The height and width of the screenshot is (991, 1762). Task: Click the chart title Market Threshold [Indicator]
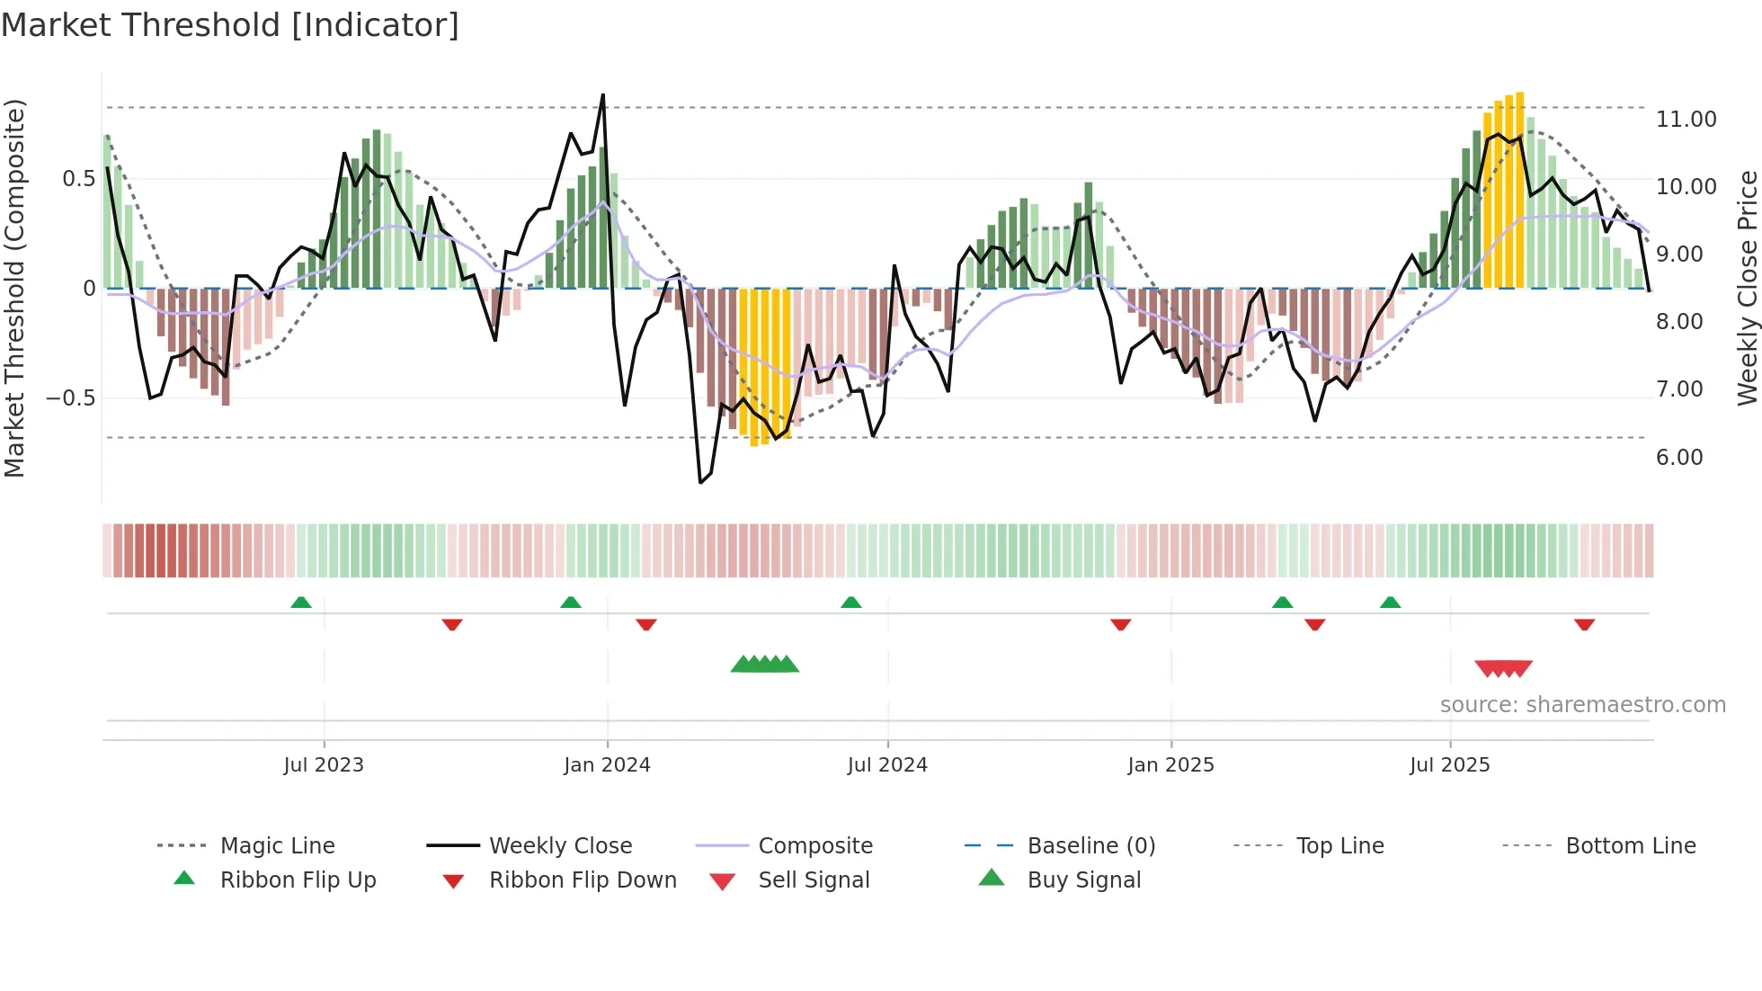[230, 25]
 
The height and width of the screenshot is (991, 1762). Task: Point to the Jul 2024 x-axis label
[887, 765]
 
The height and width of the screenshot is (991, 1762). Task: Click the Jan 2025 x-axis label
[1170, 765]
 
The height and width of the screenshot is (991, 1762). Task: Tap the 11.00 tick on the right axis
[1686, 120]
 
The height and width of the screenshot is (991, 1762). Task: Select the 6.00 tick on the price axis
[1679, 458]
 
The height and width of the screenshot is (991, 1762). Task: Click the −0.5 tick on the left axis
[70, 398]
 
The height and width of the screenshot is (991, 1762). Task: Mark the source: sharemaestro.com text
[1582, 705]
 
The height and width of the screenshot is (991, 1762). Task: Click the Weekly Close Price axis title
[1747, 288]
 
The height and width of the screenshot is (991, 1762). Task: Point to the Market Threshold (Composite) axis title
[14, 288]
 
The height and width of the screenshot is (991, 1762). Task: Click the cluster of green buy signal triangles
[765, 665]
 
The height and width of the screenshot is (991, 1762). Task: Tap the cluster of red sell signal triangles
[1503, 668]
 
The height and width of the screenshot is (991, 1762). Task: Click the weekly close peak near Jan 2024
[602, 95]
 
